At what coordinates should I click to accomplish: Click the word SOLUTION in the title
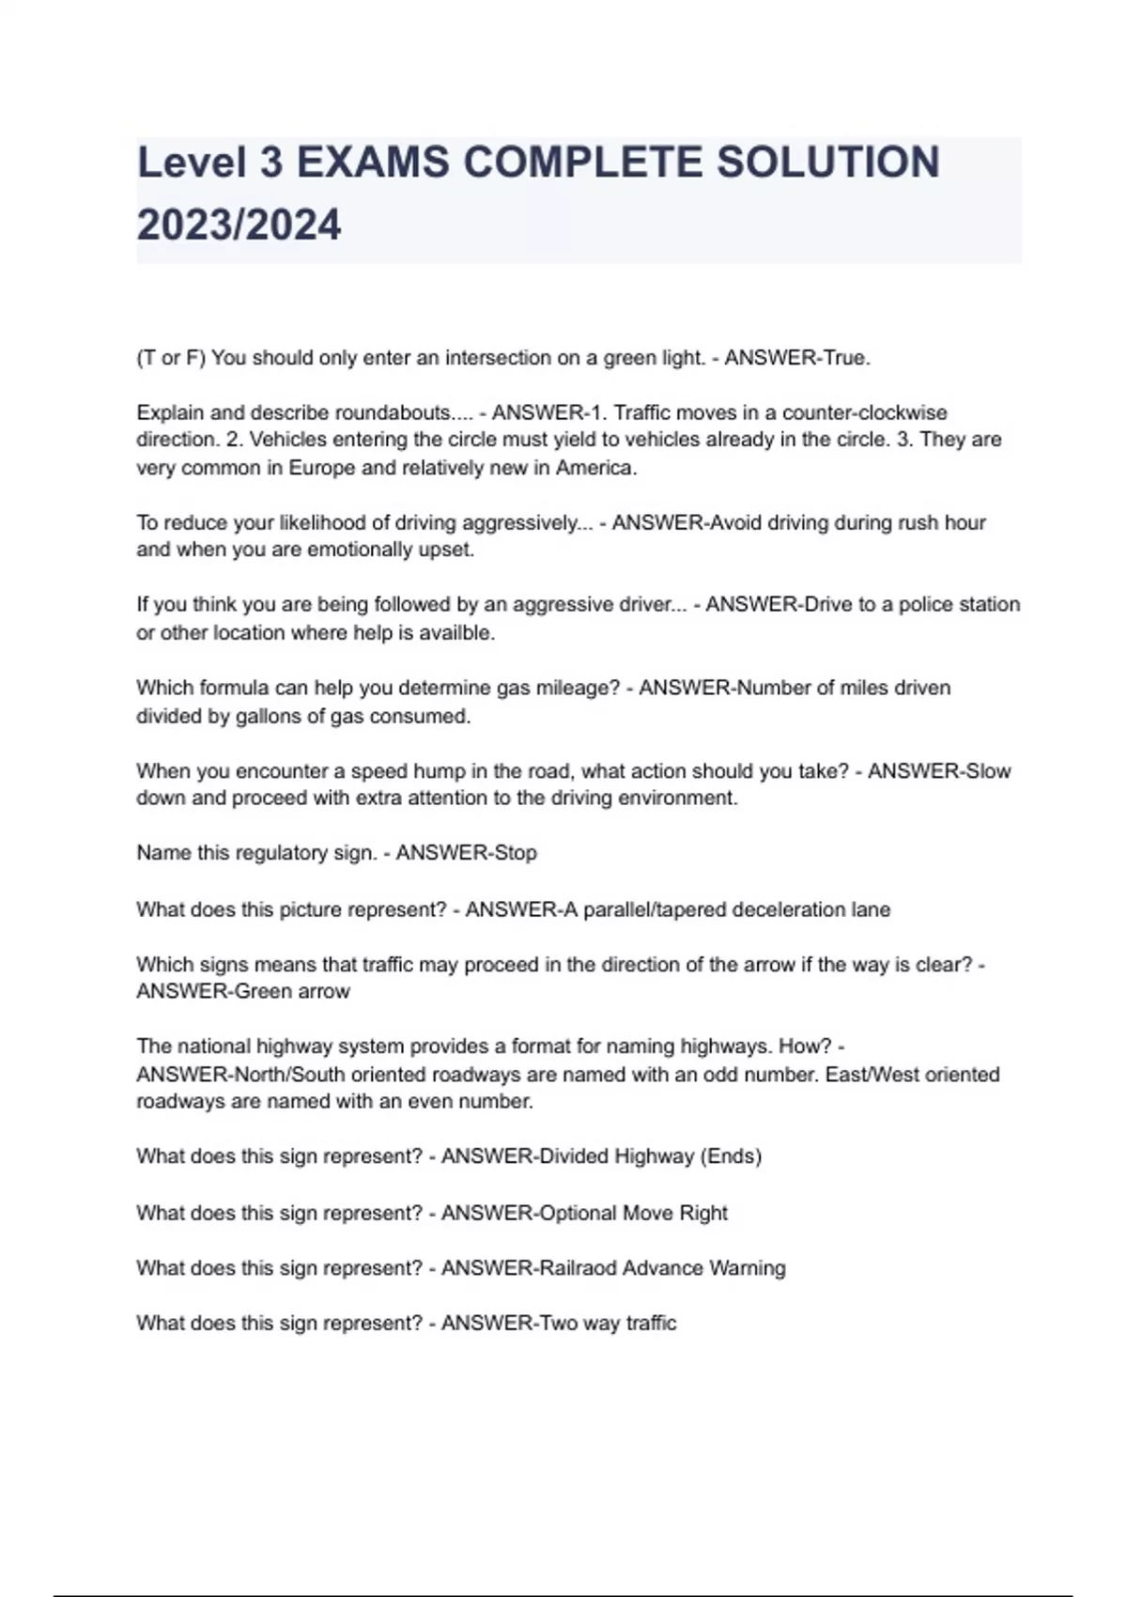827,163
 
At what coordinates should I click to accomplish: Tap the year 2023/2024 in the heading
239,225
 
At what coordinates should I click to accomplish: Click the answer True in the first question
848,358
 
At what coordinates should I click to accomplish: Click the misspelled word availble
456,632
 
